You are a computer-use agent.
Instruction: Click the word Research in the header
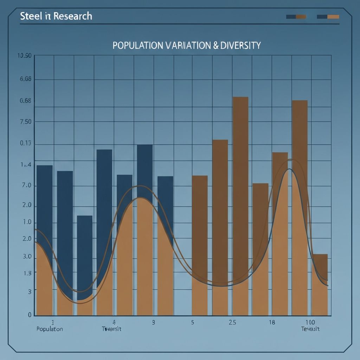coord(74,16)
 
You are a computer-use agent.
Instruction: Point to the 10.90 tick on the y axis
coord(24,56)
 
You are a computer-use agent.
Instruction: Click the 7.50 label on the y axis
coord(25,122)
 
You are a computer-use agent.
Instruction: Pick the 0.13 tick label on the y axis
coord(25,143)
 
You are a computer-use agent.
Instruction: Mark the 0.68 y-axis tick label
coord(25,101)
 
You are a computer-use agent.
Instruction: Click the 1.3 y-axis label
coord(27,273)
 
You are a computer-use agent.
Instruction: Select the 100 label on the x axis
coord(310,322)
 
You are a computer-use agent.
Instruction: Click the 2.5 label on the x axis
coord(232,322)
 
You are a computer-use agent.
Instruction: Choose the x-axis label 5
coord(192,322)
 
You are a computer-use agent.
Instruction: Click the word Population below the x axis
coord(50,329)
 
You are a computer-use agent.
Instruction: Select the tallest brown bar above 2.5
coord(240,176)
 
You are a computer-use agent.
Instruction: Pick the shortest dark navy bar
coord(85,253)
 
